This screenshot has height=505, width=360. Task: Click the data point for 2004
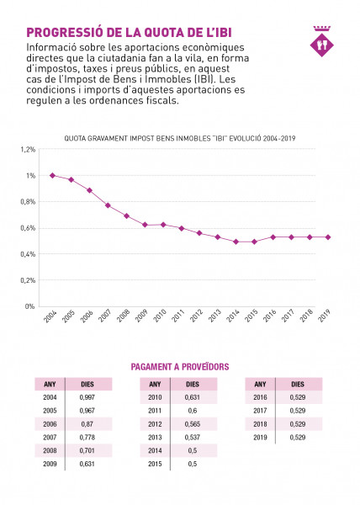(53, 176)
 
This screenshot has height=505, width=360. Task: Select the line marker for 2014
(236, 242)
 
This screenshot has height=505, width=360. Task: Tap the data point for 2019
(328, 237)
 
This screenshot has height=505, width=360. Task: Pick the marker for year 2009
(145, 225)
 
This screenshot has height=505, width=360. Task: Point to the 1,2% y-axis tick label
(28, 150)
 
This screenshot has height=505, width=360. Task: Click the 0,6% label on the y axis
(28, 228)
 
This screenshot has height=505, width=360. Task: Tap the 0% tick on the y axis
(30, 306)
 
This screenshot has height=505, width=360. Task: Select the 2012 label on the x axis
(196, 316)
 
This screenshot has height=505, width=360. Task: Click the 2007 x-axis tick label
(104, 316)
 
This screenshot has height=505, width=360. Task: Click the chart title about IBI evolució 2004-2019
(180, 139)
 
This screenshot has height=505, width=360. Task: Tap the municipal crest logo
(322, 41)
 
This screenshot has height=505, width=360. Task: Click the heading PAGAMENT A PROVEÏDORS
(180, 367)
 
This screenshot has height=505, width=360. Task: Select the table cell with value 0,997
(87, 397)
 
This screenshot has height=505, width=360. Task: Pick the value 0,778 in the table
(87, 438)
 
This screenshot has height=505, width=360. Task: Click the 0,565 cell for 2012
(193, 424)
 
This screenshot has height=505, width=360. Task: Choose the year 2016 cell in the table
(260, 397)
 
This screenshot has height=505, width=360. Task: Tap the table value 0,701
(87, 450)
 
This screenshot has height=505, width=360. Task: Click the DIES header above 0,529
(298, 385)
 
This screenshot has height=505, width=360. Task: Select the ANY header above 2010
(155, 385)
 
